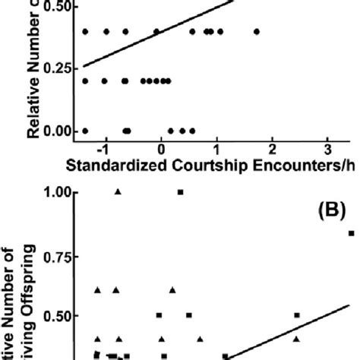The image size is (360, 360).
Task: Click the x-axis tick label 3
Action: point(327,147)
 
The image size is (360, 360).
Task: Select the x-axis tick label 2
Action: point(272,147)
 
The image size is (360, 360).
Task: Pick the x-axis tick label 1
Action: point(216,147)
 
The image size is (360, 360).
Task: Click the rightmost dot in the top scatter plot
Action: point(257,32)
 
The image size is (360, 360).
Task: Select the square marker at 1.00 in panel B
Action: point(180,192)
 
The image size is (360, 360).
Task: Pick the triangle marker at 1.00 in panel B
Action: point(117,191)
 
